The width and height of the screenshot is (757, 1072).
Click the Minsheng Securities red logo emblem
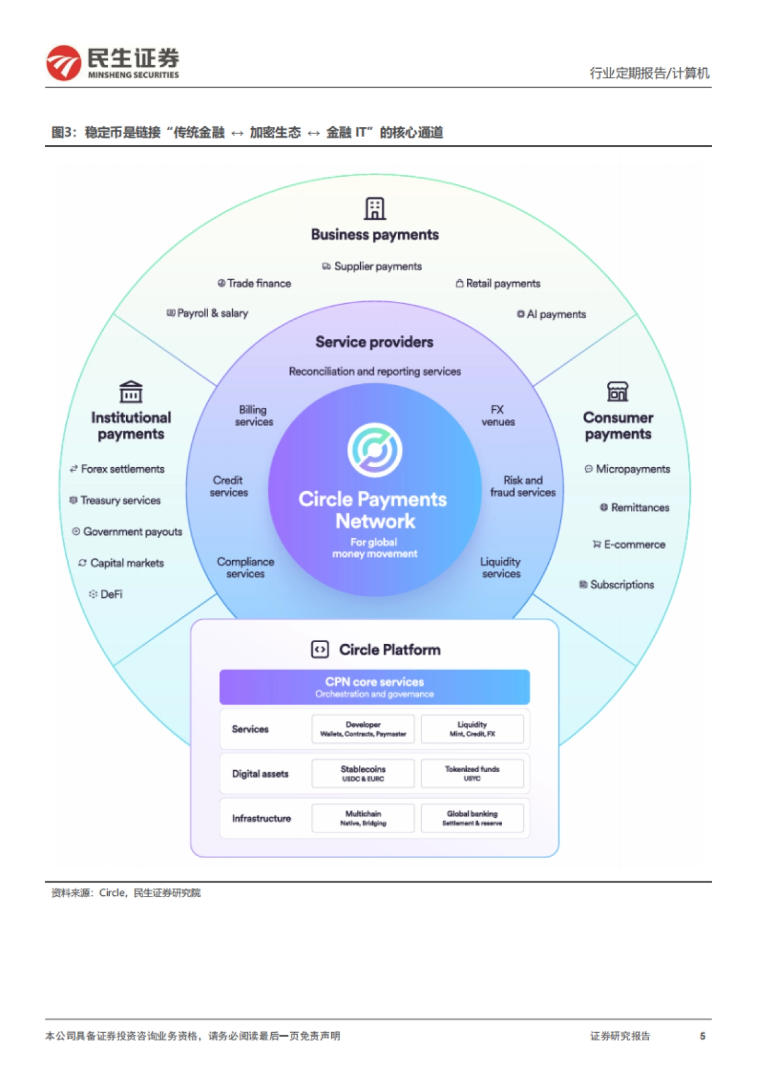[x=64, y=63]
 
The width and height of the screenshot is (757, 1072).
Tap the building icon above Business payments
[x=375, y=208]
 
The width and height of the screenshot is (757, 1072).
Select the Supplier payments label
[x=377, y=266]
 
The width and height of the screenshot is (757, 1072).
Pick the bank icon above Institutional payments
[x=131, y=391]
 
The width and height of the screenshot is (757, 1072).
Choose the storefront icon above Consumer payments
[x=618, y=391]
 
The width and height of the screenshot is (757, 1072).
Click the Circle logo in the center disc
[x=375, y=450]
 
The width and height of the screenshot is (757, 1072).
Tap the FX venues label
[x=498, y=416]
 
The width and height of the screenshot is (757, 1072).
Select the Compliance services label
[x=245, y=568]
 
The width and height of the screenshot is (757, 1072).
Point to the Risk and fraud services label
[x=523, y=486]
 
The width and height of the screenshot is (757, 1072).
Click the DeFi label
[x=111, y=594]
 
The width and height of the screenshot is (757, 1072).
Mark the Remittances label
[x=639, y=508]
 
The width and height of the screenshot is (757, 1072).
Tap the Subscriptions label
[x=621, y=585]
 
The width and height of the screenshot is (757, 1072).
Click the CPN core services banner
[x=375, y=687]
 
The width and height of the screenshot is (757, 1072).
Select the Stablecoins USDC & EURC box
[x=363, y=773]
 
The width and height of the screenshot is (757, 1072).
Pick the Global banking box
[x=472, y=818]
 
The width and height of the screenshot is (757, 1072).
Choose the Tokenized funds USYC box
[x=472, y=773]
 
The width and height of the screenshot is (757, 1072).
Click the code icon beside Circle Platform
[x=320, y=650]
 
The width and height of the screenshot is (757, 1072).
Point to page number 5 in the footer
[x=702, y=1036]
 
